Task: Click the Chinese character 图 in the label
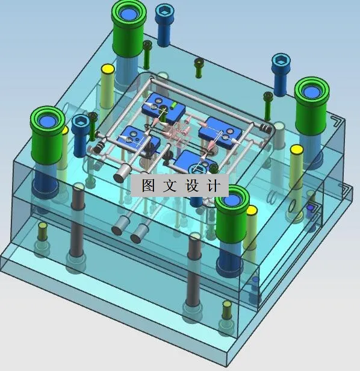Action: click(148, 185)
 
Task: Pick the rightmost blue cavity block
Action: click(223, 131)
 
